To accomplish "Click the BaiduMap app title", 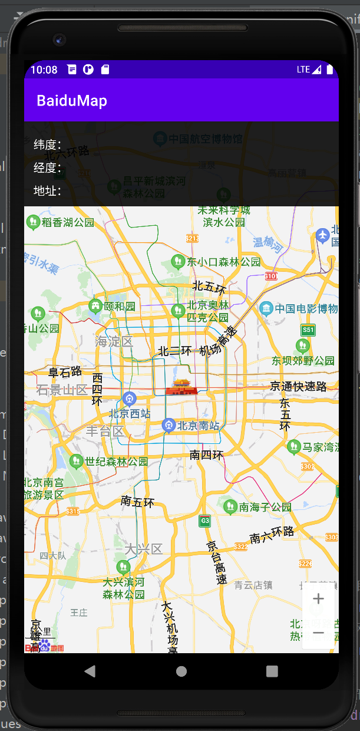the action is point(72,101).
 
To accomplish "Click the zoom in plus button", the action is point(318,599).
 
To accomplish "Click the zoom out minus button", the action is point(318,633).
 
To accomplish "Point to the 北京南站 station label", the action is point(198,425).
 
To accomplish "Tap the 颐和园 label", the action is point(120,306).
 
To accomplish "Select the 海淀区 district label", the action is point(114,341).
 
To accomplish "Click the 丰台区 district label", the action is point(105,431).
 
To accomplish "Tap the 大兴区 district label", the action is point(143,549).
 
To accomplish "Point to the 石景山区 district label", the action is point(61,390).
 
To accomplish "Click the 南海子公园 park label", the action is point(265,506).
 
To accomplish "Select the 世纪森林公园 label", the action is point(116,462).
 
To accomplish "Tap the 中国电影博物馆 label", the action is point(305,308).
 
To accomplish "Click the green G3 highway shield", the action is point(204,521).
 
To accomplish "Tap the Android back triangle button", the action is point(90,671).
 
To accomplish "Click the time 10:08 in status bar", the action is point(44,70).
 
